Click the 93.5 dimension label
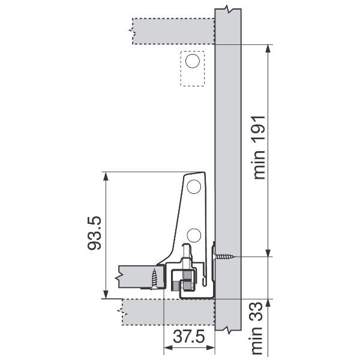pyautogui.click(x=95, y=233)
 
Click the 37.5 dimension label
pyautogui.click(x=189, y=337)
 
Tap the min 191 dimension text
pyautogui.click(x=259, y=148)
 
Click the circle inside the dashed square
pyautogui.click(x=193, y=61)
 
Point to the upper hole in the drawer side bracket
pyautogui.click(x=194, y=187)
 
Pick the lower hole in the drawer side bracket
pyautogui.click(x=194, y=235)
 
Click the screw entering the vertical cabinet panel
pyautogui.click(x=224, y=256)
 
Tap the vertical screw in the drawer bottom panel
pyautogui.click(x=154, y=278)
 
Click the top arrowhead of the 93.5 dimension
pyautogui.click(x=106, y=177)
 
